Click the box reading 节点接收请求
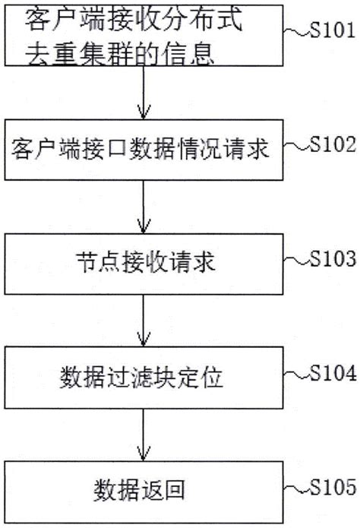pos(141,264)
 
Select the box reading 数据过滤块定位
pos(141,378)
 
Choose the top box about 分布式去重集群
pos(141,36)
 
